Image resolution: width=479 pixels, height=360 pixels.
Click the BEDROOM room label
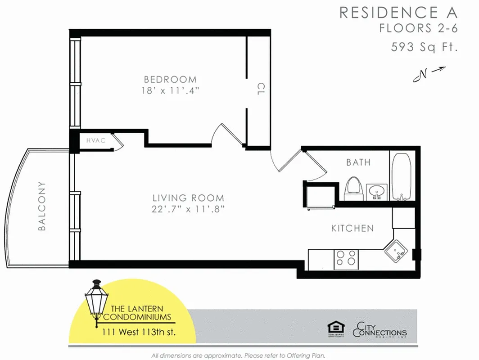point(169,80)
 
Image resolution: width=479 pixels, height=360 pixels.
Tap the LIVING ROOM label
point(188,198)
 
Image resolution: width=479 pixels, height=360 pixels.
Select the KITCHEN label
point(352,229)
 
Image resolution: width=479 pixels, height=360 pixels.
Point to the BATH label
point(358,162)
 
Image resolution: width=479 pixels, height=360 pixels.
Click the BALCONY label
point(42,206)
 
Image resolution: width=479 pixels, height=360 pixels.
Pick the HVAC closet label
point(96,140)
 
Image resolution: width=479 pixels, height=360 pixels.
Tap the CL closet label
point(260,88)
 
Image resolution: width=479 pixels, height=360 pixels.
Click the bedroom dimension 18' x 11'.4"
point(170,90)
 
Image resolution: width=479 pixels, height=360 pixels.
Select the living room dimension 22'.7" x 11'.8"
point(188,209)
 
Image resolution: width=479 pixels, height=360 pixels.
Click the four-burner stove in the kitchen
point(346,259)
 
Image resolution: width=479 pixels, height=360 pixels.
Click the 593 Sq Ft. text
point(424,46)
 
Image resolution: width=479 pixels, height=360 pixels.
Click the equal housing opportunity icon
point(334,330)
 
